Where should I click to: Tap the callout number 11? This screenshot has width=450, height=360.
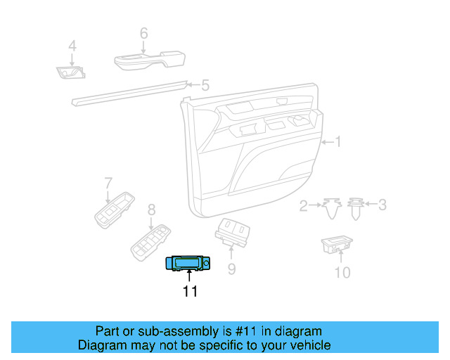click(191, 291)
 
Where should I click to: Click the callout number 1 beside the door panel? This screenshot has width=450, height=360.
click(338, 142)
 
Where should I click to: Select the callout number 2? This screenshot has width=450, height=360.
click(304, 205)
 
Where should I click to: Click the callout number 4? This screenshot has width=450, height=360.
click(71, 47)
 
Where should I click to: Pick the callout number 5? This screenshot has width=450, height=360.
click(205, 86)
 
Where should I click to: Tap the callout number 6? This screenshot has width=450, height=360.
click(143, 33)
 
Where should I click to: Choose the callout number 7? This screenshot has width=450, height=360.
click(108, 184)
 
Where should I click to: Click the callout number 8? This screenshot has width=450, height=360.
click(150, 210)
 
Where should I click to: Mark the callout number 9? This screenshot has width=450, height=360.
click(231, 268)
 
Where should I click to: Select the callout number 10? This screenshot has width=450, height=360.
click(342, 272)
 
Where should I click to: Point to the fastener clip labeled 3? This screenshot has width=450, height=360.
click(356, 207)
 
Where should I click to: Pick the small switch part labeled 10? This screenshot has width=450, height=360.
click(337, 244)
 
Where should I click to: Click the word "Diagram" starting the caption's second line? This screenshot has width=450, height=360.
click(101, 345)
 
